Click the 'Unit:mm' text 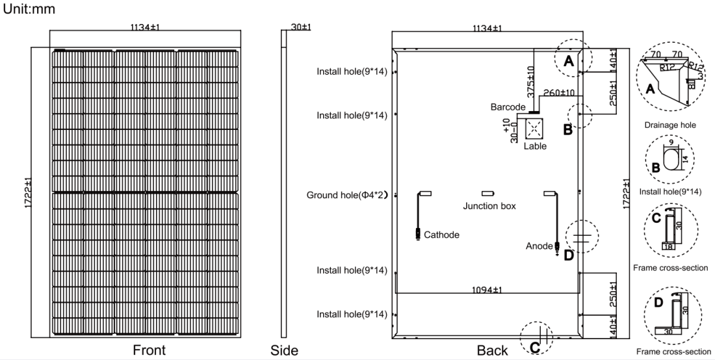point(29,9)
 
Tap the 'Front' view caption point(149,350)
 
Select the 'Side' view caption point(284,350)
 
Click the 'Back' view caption point(492,350)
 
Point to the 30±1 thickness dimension point(300,27)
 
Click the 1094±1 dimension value point(487,289)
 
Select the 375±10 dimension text point(531,82)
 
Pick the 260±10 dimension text point(558,93)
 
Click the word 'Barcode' point(508,107)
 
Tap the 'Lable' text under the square point(535,146)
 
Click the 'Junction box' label point(489,206)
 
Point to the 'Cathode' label point(441,235)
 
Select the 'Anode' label point(539,246)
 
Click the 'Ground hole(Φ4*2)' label point(347,196)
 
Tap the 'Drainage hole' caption point(670,125)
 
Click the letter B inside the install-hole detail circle point(656,168)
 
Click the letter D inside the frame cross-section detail point(658,303)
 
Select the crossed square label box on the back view point(534,129)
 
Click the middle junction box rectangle point(488,194)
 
